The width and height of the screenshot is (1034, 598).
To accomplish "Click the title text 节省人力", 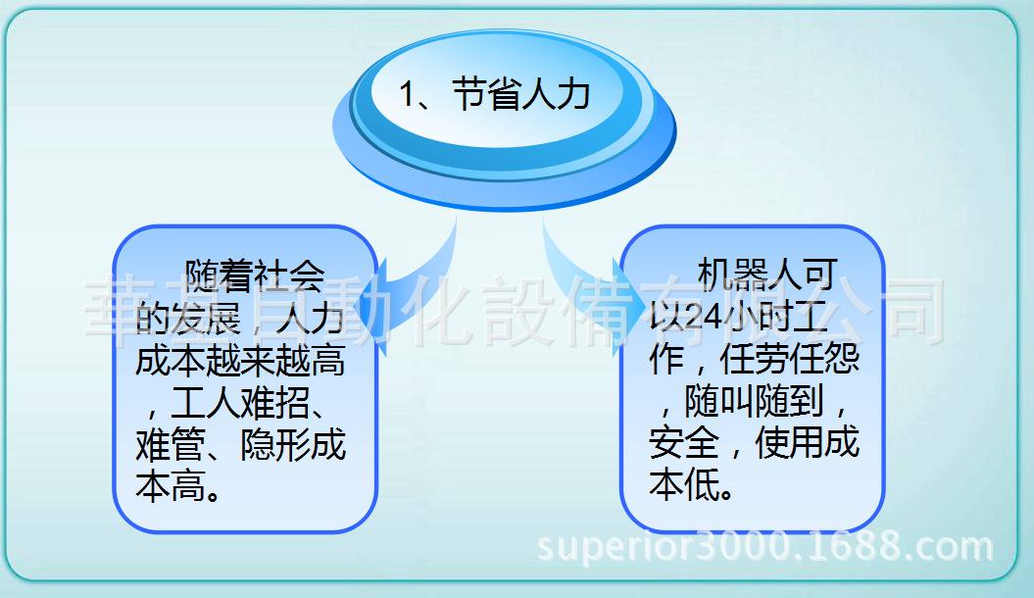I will click(520, 95).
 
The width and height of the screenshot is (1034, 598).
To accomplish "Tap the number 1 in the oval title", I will click(408, 96).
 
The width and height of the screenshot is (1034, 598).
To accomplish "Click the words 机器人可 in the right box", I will click(765, 275).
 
